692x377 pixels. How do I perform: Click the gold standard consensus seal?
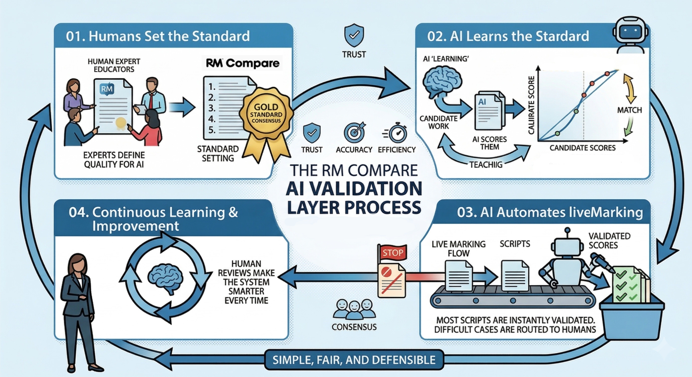(266, 114)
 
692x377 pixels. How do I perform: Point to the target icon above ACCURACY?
(354, 132)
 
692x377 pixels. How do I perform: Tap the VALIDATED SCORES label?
(609, 241)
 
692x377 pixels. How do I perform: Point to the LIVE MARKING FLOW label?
(459, 248)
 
